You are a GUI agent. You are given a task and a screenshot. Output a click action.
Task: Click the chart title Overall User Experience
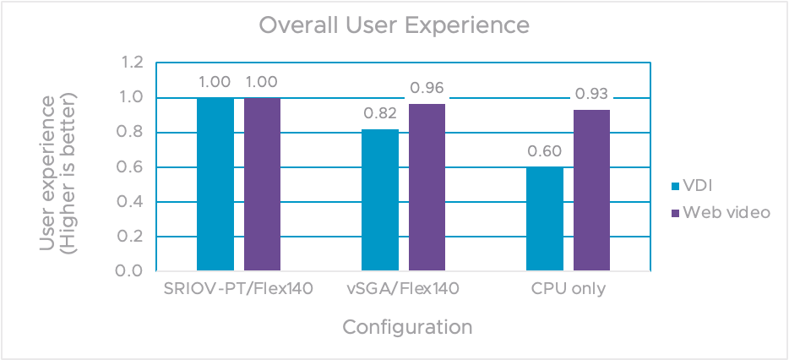pyautogui.click(x=394, y=25)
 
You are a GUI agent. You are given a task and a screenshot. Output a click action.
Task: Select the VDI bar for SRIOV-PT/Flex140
pyautogui.click(x=215, y=184)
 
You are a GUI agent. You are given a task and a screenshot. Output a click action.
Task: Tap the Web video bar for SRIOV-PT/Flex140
pyautogui.click(x=262, y=184)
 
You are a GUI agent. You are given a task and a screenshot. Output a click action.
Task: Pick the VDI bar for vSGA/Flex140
pyautogui.click(x=380, y=200)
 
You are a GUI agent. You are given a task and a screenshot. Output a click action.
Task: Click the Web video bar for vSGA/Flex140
pyautogui.click(x=427, y=188)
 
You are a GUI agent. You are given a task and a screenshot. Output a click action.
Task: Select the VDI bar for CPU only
pyautogui.click(x=545, y=219)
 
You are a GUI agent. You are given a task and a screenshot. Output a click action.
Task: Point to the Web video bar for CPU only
pyautogui.click(x=591, y=190)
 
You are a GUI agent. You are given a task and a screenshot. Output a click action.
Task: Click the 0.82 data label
pyautogui.click(x=380, y=114)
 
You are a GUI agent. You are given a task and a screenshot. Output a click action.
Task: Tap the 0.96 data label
pyautogui.click(x=427, y=88)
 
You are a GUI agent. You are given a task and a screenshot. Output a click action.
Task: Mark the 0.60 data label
pyautogui.click(x=545, y=152)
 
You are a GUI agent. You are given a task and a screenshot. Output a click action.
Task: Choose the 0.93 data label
pyautogui.click(x=591, y=94)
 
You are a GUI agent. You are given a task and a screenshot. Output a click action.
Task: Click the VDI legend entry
pyautogui.click(x=692, y=185)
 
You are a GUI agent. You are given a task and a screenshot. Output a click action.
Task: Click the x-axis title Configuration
pyautogui.click(x=406, y=326)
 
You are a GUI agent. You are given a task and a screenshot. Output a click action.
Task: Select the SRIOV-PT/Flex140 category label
pyautogui.click(x=239, y=290)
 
